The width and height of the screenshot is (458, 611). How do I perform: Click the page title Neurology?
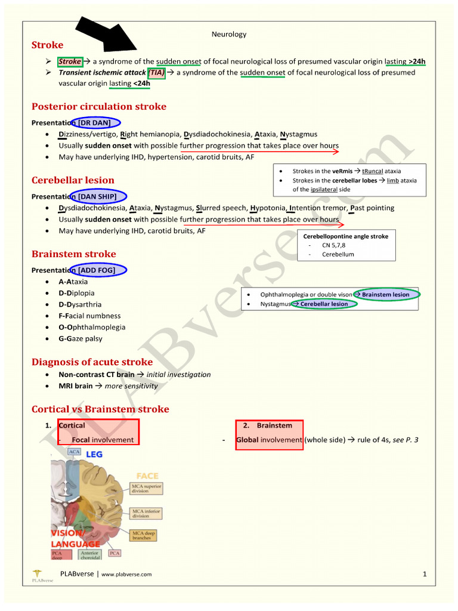pyautogui.click(x=229, y=34)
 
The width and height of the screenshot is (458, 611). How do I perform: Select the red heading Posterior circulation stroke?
pyautogui.click(x=98, y=107)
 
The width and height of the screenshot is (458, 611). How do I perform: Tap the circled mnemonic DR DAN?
pyautogui.click(x=94, y=122)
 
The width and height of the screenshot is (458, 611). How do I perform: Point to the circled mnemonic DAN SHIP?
pyautogui.click(x=98, y=196)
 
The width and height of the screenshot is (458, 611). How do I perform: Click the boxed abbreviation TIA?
pyautogui.click(x=156, y=72)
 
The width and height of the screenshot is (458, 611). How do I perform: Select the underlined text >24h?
pyautogui.click(x=417, y=61)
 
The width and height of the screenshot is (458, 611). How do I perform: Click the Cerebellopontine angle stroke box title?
pyautogui.click(x=345, y=236)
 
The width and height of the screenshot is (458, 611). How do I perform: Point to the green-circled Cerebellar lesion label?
pyautogui.click(x=324, y=304)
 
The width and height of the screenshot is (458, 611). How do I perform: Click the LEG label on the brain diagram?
pyautogui.click(x=94, y=455)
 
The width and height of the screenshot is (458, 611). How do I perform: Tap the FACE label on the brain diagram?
pyautogui.click(x=147, y=476)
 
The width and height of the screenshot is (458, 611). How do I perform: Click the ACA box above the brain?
pyautogui.click(x=75, y=452)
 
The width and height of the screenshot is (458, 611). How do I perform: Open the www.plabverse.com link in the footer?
pyautogui.click(x=126, y=575)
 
